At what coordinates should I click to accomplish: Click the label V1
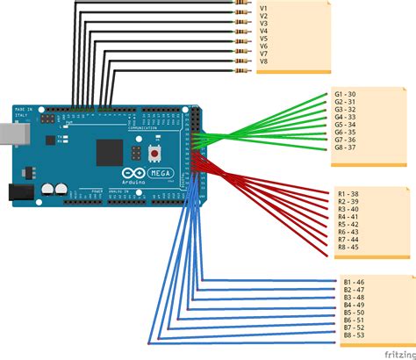tap(263, 7)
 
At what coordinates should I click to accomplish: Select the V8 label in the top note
tap(263, 61)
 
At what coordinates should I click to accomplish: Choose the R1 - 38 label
tap(348, 193)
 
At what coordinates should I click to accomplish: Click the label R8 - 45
tap(348, 248)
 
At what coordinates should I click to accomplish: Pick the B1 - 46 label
tap(355, 282)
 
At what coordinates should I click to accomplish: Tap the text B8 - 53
tap(355, 335)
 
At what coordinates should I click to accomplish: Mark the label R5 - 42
tap(348, 224)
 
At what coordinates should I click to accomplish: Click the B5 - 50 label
tap(355, 313)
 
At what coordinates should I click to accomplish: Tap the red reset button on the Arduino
tap(154, 153)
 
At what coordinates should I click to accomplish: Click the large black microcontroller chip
tap(109, 151)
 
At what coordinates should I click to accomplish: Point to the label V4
tap(263, 31)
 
